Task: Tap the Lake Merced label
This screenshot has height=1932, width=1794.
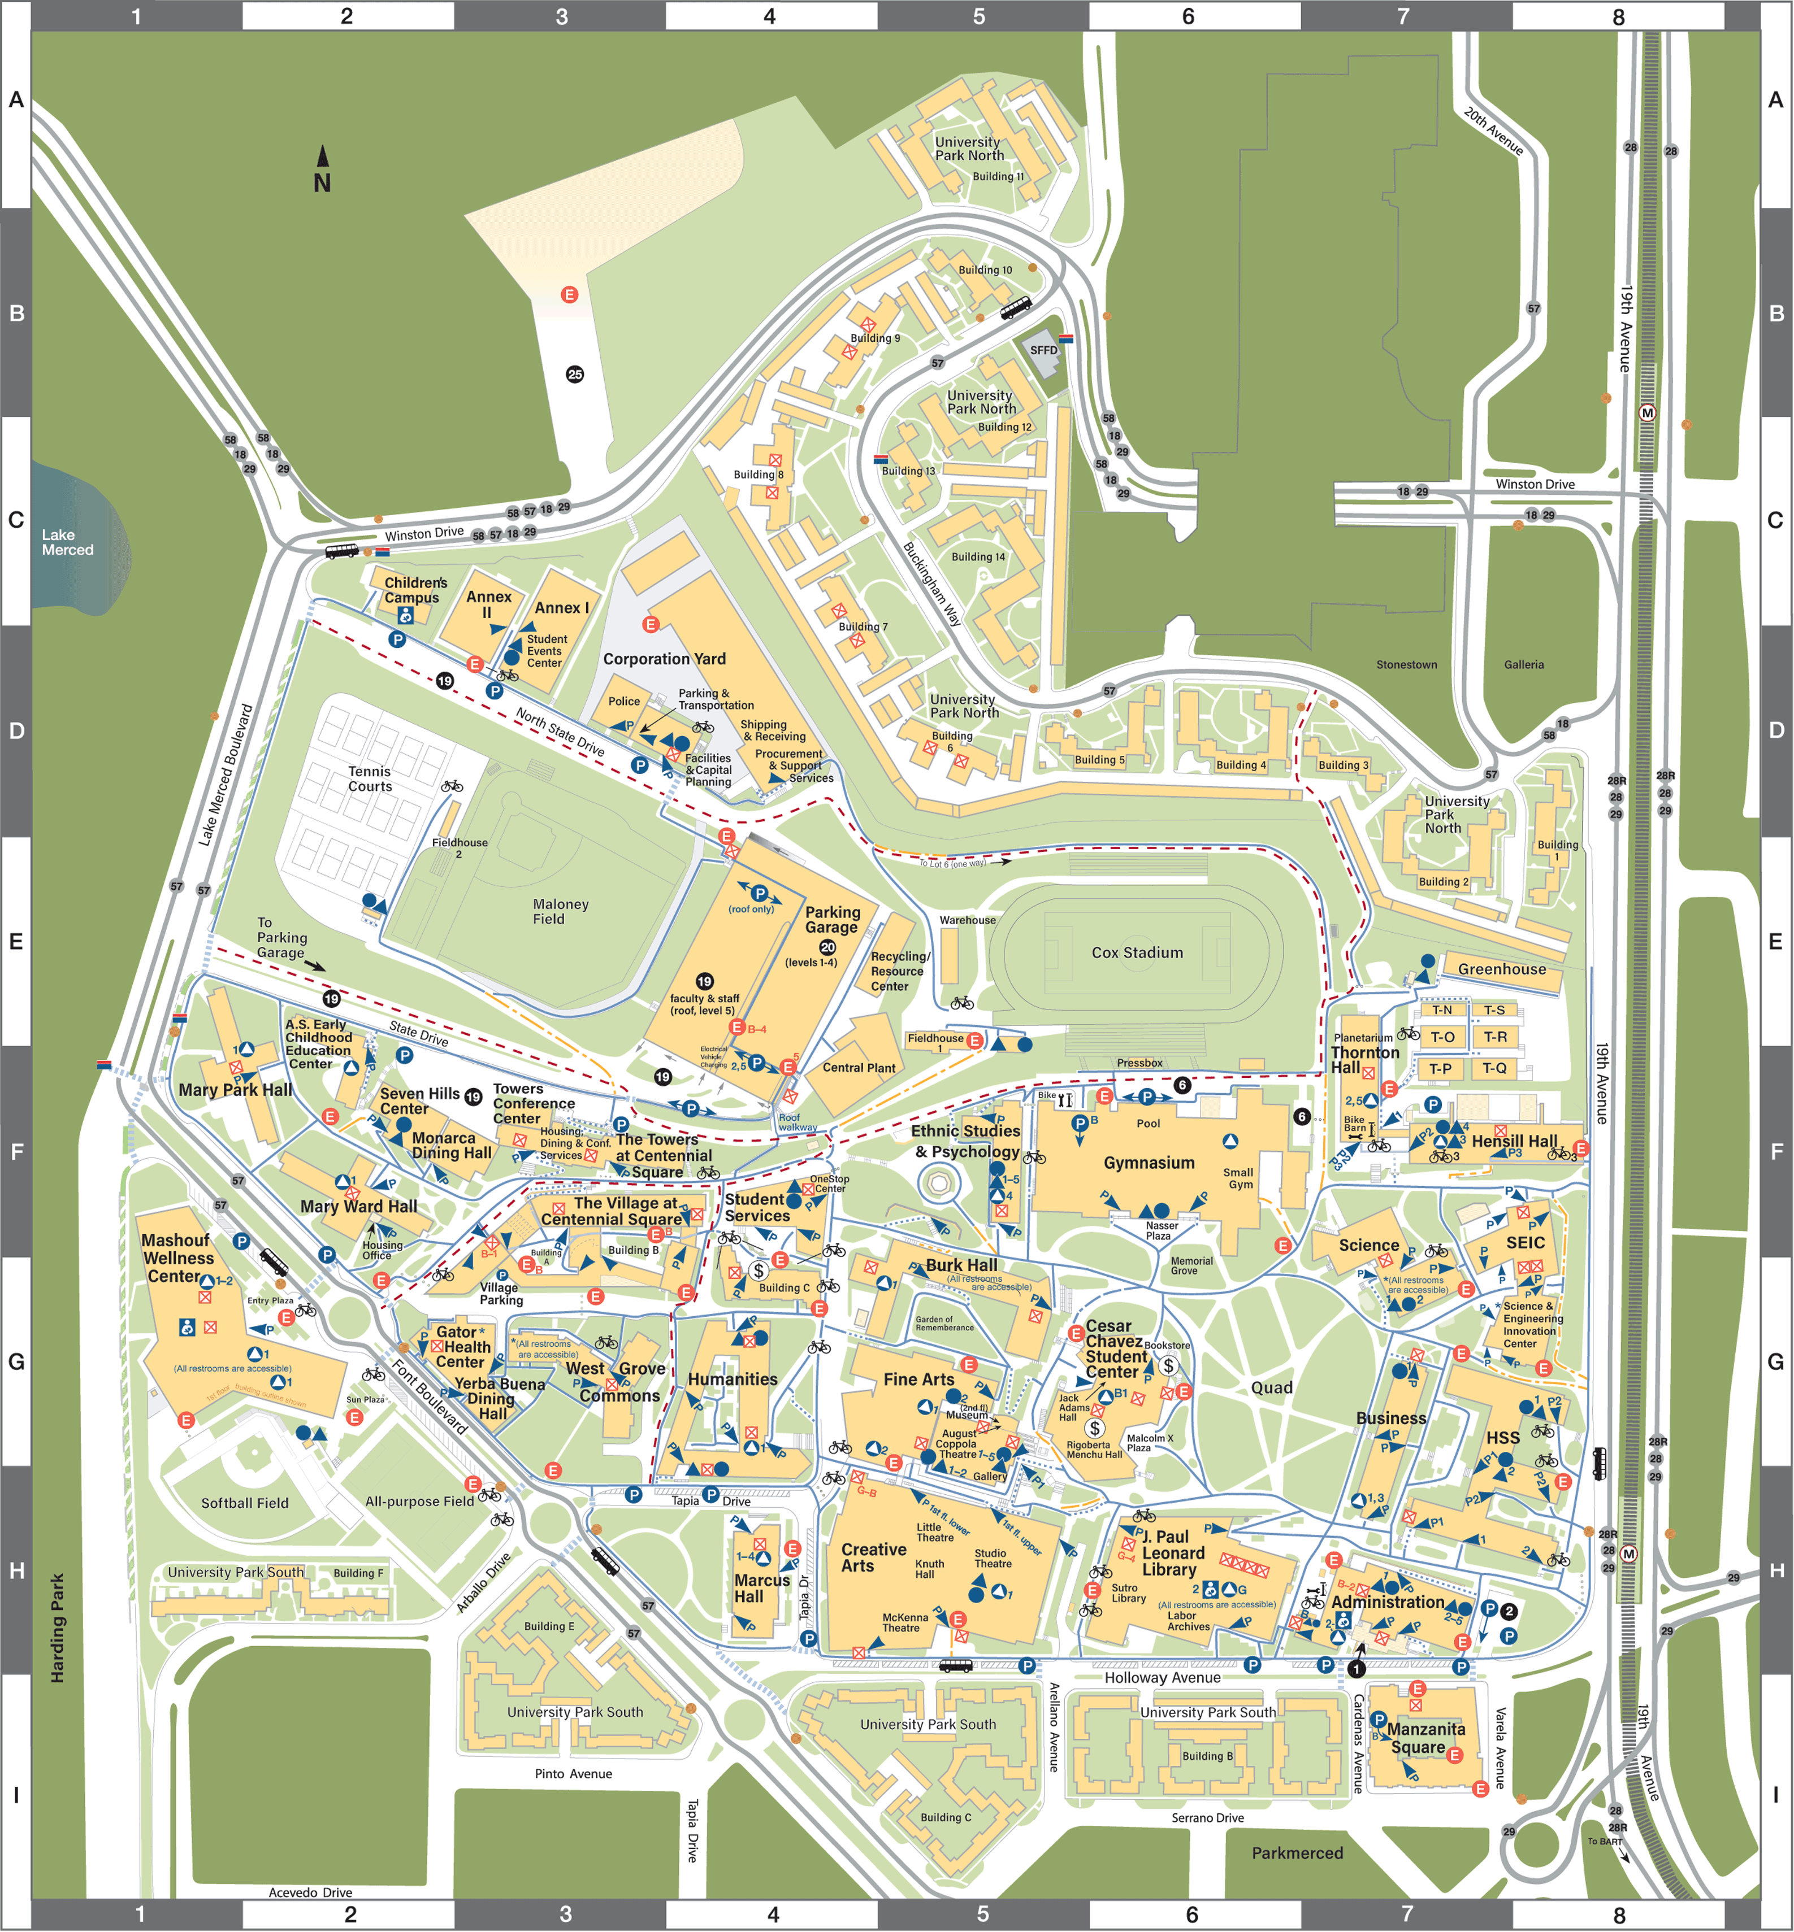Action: point(67,542)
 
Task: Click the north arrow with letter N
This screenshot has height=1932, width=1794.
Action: point(322,171)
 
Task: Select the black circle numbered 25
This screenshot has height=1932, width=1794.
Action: point(575,375)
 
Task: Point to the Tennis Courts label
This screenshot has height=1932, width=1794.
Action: point(370,779)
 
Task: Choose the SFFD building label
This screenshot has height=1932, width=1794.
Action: point(1043,350)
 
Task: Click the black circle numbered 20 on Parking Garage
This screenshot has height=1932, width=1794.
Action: point(827,947)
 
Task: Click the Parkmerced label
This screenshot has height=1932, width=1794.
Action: point(1297,1853)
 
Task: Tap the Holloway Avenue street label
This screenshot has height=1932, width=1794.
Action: point(1162,1678)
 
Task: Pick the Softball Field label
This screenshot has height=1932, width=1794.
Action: point(245,1503)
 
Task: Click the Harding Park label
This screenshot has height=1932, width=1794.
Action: point(57,1628)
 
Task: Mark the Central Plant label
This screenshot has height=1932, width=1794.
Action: point(858,1068)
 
